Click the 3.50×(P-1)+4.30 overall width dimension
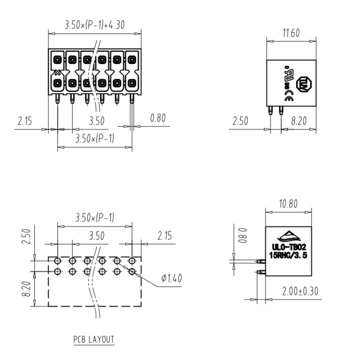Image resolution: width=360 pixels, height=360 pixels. click(x=94, y=26)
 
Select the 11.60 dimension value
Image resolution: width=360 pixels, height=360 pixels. click(x=291, y=33)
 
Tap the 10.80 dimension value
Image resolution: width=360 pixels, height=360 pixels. click(x=288, y=204)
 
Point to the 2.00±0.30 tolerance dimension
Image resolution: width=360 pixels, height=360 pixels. click(x=300, y=291)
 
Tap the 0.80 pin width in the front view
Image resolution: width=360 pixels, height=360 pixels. click(x=158, y=118)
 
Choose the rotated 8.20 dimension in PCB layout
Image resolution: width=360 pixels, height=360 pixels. click(x=26, y=288)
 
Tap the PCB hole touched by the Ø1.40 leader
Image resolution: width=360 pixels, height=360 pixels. click(x=132, y=271)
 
